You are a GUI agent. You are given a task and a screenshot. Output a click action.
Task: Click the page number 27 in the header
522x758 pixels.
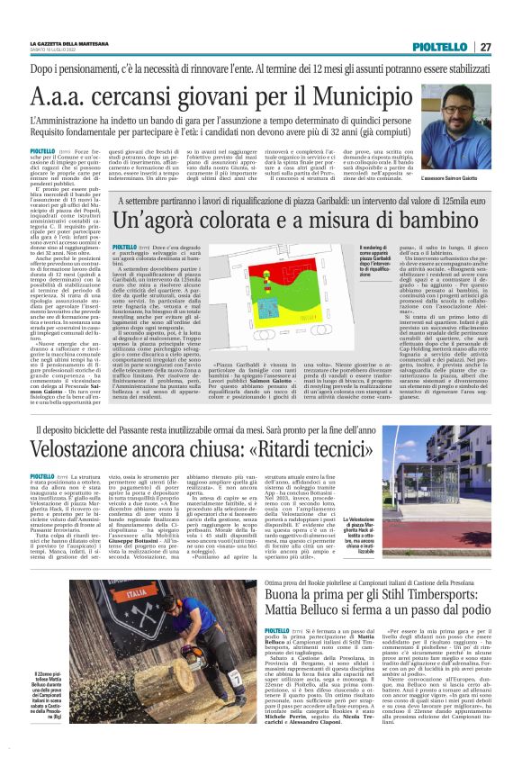pyautogui.click(x=485, y=47)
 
